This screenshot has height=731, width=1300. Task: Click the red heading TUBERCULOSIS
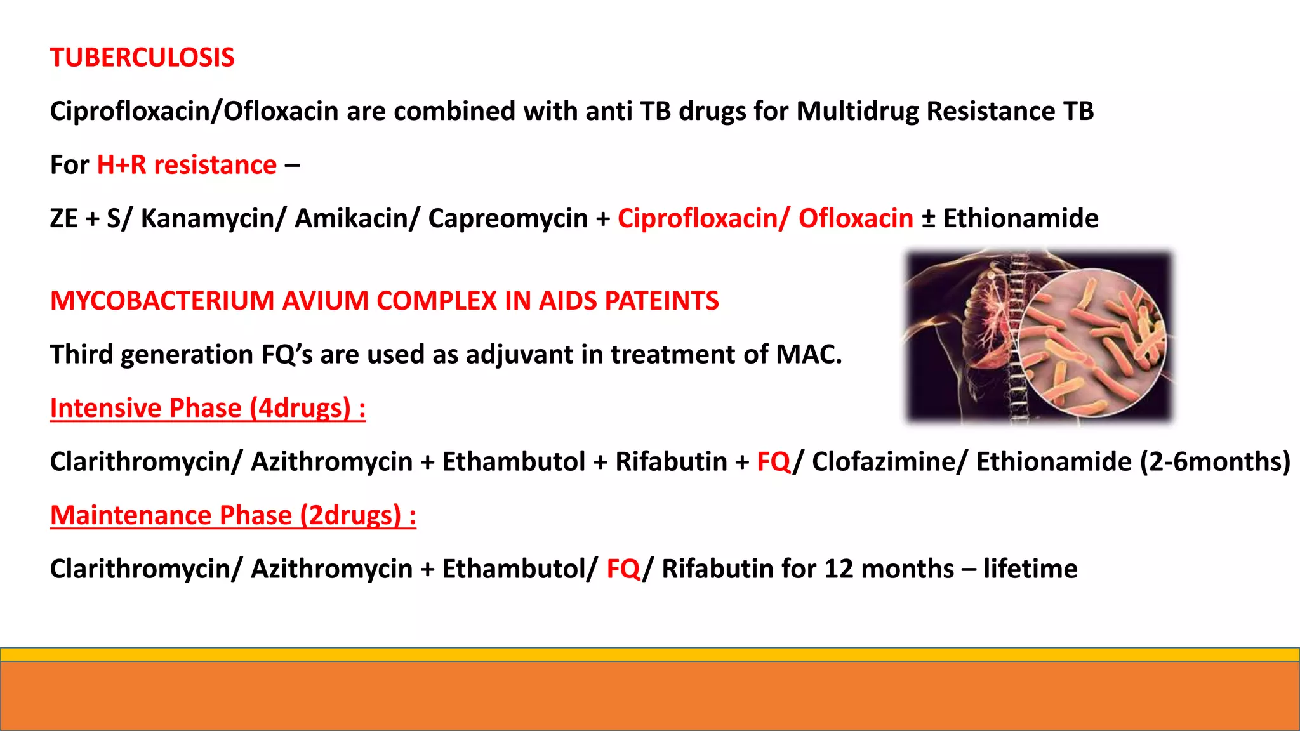pyautogui.click(x=142, y=58)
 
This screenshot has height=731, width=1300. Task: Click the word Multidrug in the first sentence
pyautogui.click(x=857, y=111)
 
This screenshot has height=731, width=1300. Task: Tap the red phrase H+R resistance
pyautogui.click(x=187, y=165)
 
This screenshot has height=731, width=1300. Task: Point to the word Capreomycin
pyautogui.click(x=508, y=218)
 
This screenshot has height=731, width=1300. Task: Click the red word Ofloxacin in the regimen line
pyautogui.click(x=856, y=218)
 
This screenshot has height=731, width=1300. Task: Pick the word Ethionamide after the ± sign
pyautogui.click(x=1021, y=218)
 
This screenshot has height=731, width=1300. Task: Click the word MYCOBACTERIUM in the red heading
pyautogui.click(x=162, y=301)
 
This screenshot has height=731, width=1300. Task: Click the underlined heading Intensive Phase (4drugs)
pyautogui.click(x=208, y=408)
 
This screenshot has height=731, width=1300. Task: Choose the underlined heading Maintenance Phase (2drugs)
pyautogui.click(x=233, y=515)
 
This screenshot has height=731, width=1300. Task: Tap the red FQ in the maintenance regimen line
pyautogui.click(x=623, y=569)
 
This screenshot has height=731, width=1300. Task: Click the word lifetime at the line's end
pyautogui.click(x=1030, y=569)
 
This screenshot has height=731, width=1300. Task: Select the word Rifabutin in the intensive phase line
pyautogui.click(x=671, y=462)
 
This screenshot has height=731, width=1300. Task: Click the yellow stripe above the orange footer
pyautogui.click(x=650, y=654)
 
